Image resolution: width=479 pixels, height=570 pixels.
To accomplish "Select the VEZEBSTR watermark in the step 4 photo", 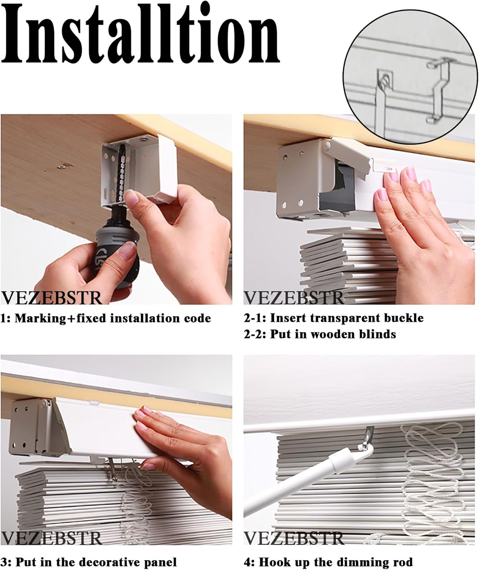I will pos(294,538).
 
